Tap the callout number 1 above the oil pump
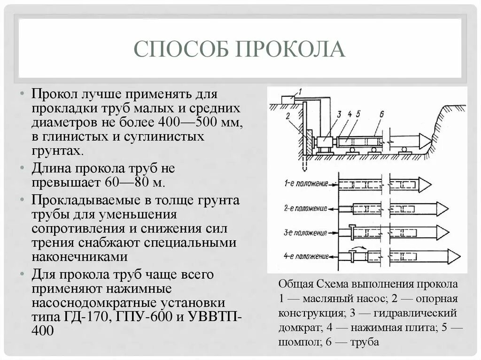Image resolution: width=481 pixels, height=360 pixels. [300, 90]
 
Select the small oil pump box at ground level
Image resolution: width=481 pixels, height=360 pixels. [287, 100]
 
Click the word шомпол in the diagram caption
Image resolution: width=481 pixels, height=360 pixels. [296, 342]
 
